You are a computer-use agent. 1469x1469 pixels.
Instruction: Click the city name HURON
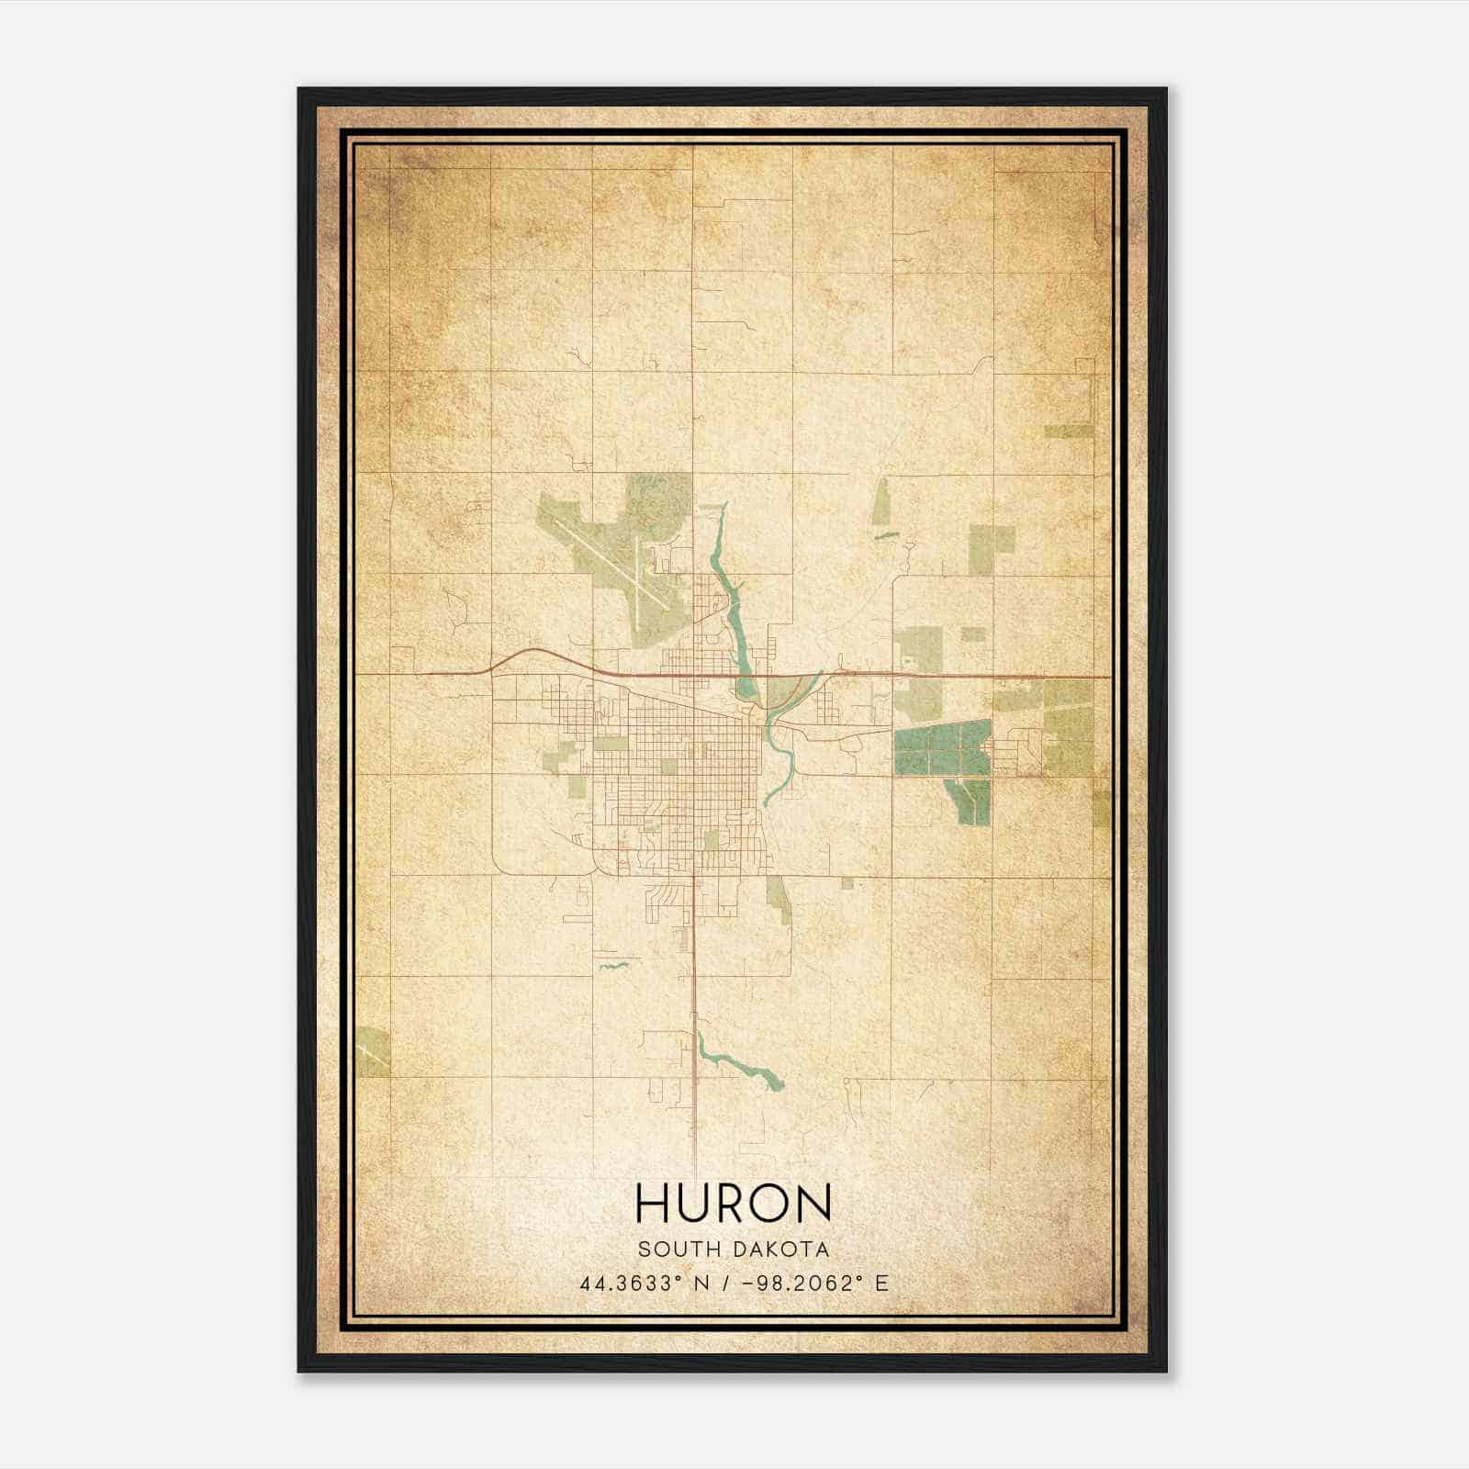click(x=733, y=1203)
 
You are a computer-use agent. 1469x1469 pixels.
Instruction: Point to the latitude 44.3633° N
click(x=641, y=1284)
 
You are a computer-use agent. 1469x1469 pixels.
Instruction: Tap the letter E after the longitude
click(x=881, y=1284)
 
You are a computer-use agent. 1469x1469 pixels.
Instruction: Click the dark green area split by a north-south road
click(x=942, y=747)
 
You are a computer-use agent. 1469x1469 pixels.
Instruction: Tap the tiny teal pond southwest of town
click(x=611, y=965)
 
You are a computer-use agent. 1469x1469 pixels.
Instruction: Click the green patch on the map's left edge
click(x=375, y=1051)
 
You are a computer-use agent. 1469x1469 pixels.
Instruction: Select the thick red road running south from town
click(x=694, y=1010)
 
